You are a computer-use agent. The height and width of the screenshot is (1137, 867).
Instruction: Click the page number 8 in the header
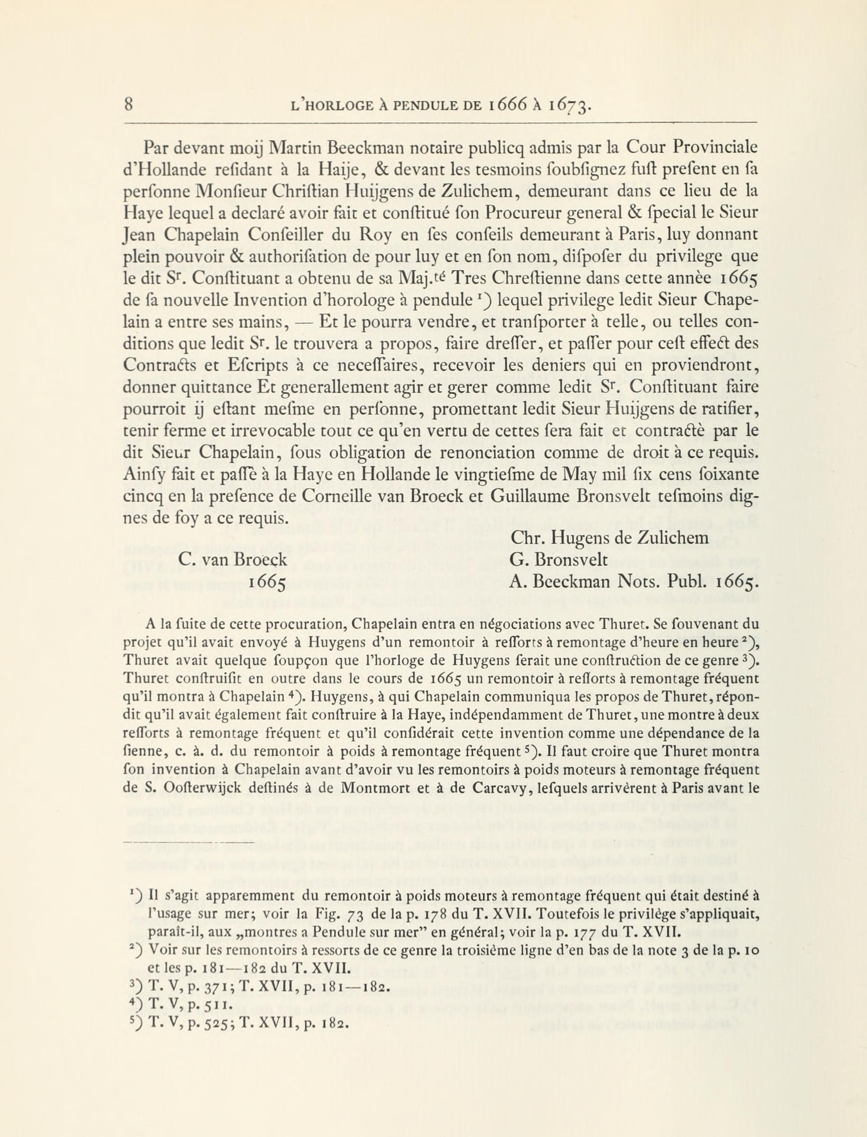(129, 105)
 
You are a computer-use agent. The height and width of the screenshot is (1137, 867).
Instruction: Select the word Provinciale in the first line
(715, 149)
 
